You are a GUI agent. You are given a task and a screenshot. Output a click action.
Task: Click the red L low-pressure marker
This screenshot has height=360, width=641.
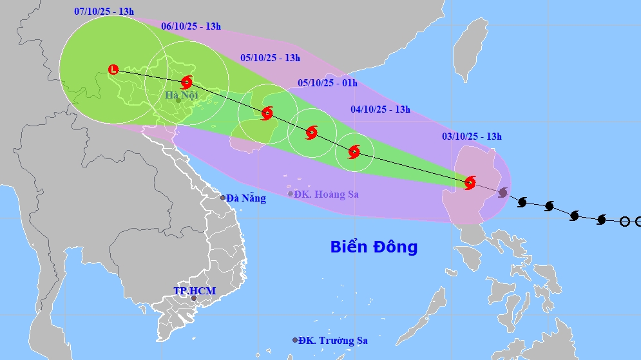(x=113, y=69)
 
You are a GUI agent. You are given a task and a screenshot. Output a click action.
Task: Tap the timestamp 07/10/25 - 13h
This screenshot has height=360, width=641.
(x=103, y=12)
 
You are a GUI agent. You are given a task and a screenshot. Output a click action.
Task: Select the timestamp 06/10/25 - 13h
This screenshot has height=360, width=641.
(x=191, y=26)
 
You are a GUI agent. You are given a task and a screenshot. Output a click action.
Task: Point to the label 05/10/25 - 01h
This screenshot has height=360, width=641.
(x=327, y=83)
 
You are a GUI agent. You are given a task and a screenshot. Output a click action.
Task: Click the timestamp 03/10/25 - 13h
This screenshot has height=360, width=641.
(x=472, y=136)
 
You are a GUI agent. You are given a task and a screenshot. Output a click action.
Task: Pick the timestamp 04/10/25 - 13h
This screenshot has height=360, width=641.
(x=380, y=109)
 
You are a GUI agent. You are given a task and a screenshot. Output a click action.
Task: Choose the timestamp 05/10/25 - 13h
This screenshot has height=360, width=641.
(x=271, y=58)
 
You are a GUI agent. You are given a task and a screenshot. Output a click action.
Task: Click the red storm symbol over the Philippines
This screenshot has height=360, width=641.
(x=470, y=183)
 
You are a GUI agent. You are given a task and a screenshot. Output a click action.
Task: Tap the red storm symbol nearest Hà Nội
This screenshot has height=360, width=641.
(x=187, y=82)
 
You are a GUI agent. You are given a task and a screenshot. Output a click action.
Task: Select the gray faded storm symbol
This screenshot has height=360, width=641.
(x=502, y=193)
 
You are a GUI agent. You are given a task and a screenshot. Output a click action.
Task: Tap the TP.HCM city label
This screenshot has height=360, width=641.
(x=195, y=291)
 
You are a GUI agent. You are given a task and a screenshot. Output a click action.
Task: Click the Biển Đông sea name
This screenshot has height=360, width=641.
(x=374, y=247)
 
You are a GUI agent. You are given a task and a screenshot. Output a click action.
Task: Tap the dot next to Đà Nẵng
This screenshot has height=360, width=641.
(x=223, y=198)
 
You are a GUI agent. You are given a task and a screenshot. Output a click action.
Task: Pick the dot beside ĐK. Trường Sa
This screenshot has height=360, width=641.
(x=295, y=340)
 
